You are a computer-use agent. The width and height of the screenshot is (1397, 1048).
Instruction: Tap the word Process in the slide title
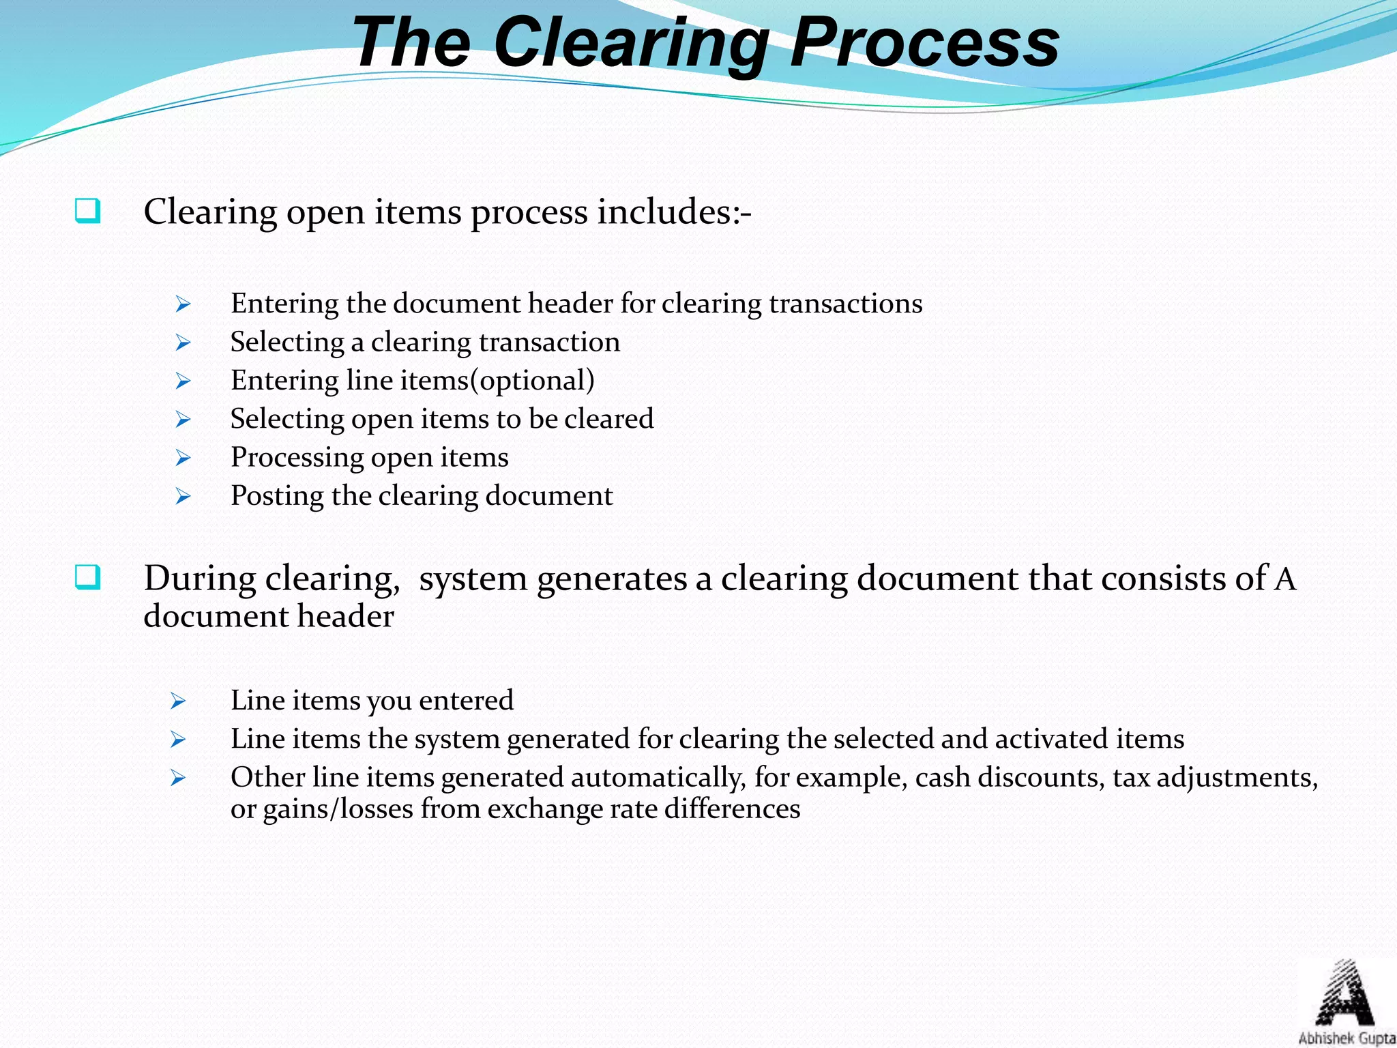(x=924, y=44)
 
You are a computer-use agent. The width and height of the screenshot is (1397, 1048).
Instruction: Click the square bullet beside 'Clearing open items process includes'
(x=88, y=211)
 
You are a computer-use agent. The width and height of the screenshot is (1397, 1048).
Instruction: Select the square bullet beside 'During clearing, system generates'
(x=88, y=578)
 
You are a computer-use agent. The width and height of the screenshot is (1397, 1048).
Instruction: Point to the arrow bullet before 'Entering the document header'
(x=182, y=304)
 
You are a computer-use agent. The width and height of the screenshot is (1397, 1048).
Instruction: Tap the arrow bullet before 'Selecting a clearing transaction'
(x=182, y=343)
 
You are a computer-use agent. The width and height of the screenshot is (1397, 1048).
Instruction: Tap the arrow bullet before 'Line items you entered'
(x=178, y=701)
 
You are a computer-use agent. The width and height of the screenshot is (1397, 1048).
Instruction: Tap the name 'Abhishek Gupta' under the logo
(x=1346, y=1038)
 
